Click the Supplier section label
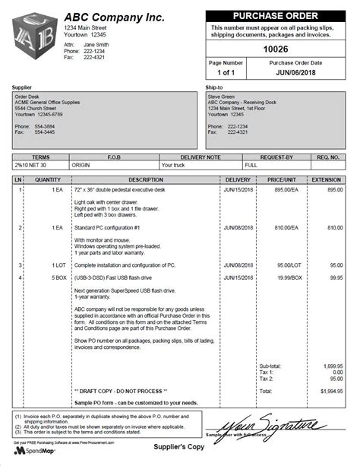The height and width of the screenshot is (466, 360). pyautogui.click(x=23, y=88)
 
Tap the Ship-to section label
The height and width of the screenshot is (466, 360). pyautogui.click(x=214, y=88)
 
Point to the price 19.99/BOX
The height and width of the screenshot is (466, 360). pyautogui.click(x=286, y=278)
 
